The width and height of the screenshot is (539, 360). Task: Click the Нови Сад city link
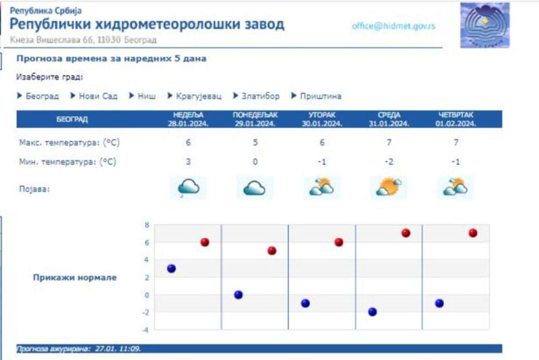[98, 96]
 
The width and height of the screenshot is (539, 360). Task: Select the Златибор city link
[260, 96]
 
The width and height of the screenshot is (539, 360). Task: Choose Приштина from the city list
[321, 96]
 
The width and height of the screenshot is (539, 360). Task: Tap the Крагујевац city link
[199, 96]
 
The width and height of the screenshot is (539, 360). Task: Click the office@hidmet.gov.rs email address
[393, 26]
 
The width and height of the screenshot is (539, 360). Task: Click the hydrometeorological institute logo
[485, 25]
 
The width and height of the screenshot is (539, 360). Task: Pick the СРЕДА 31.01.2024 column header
[389, 119]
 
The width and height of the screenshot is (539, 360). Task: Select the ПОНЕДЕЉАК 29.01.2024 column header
[255, 119]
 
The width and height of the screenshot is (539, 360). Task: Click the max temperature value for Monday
[255, 142]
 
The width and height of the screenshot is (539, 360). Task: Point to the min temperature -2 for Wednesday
[389, 162]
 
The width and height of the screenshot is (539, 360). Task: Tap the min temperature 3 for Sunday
[188, 162]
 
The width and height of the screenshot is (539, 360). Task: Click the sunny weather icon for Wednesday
[389, 187]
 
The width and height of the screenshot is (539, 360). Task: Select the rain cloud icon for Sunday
[189, 187]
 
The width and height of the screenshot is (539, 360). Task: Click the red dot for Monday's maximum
[272, 251]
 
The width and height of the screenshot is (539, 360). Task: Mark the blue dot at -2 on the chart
[373, 312]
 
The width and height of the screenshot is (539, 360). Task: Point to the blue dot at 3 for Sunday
[171, 268]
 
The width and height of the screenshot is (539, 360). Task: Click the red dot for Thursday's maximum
[473, 233]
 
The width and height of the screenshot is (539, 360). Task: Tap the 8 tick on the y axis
[147, 225]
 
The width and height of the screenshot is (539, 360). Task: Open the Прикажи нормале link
[75, 278]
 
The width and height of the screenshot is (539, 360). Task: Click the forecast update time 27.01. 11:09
[117, 349]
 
